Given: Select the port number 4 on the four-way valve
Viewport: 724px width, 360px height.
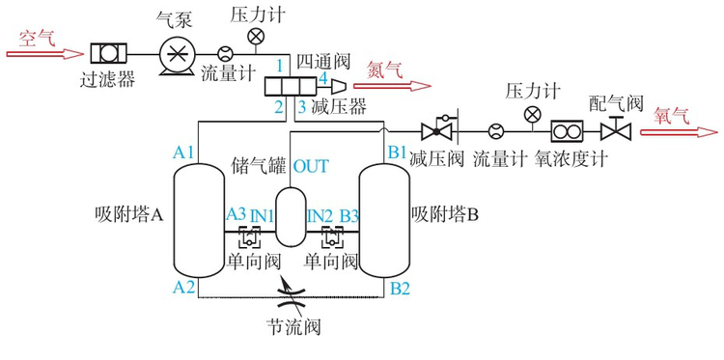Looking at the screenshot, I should tap(323, 76).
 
